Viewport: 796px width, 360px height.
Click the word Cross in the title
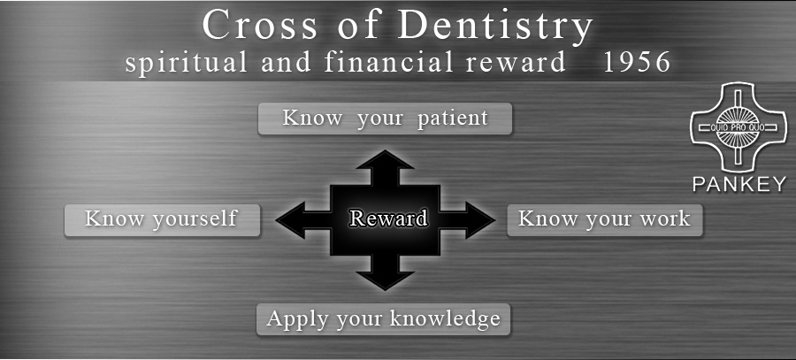(259, 25)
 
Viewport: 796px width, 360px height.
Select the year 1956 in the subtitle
(638, 63)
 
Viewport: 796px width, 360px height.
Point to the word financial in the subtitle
(388, 62)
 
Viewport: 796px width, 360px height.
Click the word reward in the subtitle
(516, 63)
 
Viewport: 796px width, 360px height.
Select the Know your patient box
(385, 119)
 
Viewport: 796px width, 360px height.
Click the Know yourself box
(162, 220)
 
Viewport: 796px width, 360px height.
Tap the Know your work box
(605, 220)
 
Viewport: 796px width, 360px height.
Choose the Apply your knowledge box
(383, 319)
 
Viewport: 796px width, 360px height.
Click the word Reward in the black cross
(388, 218)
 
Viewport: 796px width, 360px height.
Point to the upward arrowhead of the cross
(385, 159)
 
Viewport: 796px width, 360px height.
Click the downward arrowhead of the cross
(385, 280)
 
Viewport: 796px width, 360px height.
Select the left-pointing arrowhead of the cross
(290, 220)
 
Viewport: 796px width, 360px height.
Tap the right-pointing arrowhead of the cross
(480, 220)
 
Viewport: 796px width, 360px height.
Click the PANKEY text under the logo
(739, 184)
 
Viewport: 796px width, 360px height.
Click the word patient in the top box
(452, 119)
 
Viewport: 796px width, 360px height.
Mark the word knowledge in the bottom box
(445, 319)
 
